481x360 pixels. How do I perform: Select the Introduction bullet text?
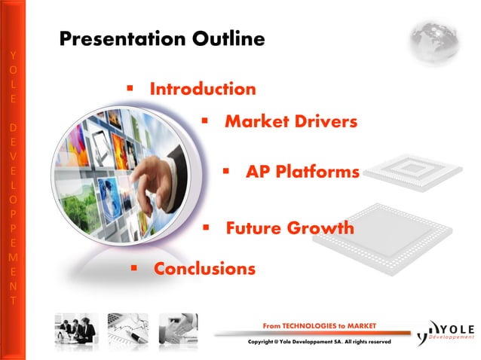click(x=203, y=89)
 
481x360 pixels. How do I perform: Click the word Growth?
click(x=325, y=227)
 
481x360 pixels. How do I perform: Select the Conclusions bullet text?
click(x=204, y=268)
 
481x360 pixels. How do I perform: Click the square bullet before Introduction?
click(x=130, y=88)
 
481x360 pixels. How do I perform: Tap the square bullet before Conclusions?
click(x=134, y=267)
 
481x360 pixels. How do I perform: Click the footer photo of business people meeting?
click(x=76, y=329)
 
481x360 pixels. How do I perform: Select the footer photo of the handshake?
click(x=178, y=329)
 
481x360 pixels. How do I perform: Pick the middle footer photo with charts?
click(x=127, y=329)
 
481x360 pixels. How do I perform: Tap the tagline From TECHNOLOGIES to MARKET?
click(x=319, y=325)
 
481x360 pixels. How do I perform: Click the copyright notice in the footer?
click(x=319, y=343)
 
